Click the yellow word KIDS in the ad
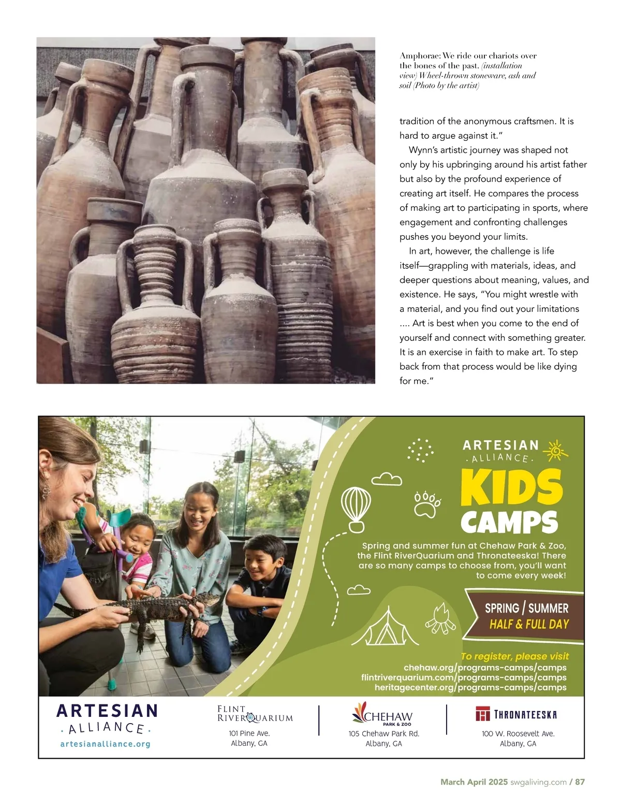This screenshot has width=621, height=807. tap(511, 487)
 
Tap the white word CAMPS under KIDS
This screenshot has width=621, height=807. tap(509, 522)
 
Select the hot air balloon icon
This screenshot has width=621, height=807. tap(356, 509)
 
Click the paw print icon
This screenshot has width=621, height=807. tap(427, 505)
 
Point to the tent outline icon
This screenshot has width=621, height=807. tap(385, 627)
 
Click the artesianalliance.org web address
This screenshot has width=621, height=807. tap(106, 744)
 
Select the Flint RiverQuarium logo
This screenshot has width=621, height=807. tap(255, 714)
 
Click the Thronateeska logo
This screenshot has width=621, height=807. tap(516, 714)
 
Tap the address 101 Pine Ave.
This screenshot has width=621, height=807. tap(249, 733)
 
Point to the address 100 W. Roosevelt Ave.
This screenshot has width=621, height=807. tap(518, 733)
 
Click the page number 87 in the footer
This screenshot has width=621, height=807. tap(580, 782)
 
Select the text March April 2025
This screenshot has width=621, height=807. tap(474, 782)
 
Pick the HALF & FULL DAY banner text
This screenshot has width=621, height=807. tap(529, 624)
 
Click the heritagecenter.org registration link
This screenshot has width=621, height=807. tap(470, 687)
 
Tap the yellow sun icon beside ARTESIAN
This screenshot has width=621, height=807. tap(556, 451)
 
